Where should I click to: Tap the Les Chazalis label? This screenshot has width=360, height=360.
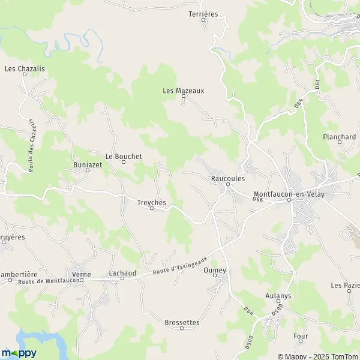click(25, 68)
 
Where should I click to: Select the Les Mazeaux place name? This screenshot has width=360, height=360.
click(184, 91)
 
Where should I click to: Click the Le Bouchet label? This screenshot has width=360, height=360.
click(124, 157)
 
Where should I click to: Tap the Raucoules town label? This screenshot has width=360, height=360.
click(228, 178)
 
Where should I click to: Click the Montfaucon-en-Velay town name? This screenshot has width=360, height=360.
click(289, 194)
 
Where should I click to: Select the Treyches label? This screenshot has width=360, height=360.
click(151, 203)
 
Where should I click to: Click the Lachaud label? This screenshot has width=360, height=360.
click(122, 273)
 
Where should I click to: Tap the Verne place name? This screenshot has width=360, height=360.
click(81, 274)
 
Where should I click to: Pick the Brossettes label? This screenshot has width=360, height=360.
click(181, 322)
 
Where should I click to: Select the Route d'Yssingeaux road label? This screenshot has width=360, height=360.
click(178, 264)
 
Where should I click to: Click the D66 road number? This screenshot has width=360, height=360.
click(258, 200)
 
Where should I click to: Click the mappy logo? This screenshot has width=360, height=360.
click(19, 353)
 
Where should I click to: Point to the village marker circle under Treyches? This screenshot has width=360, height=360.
click(151, 209)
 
